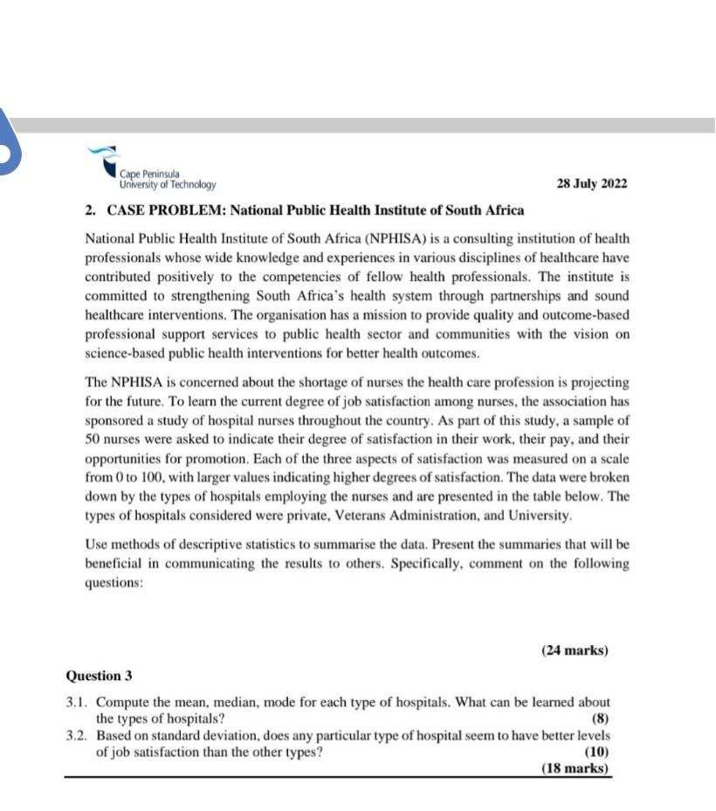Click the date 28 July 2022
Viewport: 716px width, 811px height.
pyautogui.click(x=591, y=185)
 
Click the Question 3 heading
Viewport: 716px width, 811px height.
pyautogui.click(x=99, y=676)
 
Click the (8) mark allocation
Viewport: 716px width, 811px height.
pyautogui.click(x=600, y=719)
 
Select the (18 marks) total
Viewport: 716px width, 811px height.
pyautogui.click(x=575, y=768)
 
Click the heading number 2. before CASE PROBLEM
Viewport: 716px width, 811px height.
pyautogui.click(x=91, y=210)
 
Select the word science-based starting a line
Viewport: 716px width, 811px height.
pyautogui.click(x=123, y=354)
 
